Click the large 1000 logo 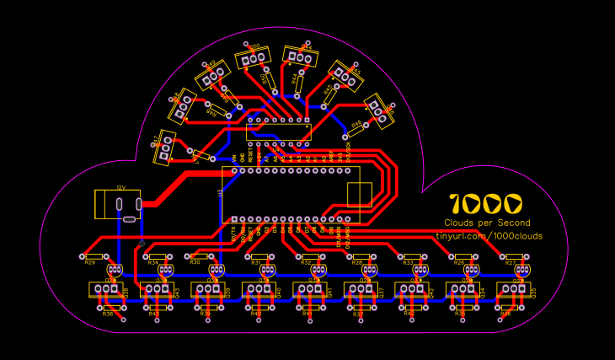(486, 203)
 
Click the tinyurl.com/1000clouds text (489, 236)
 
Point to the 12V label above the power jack (120, 187)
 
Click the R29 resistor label (90, 262)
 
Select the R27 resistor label (511, 263)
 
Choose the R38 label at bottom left (108, 314)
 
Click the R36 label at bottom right (505, 314)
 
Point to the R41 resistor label (307, 314)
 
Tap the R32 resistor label (307, 263)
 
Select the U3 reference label (220, 193)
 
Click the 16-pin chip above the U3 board (279, 132)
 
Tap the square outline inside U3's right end (359, 194)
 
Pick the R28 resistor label (357, 263)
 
